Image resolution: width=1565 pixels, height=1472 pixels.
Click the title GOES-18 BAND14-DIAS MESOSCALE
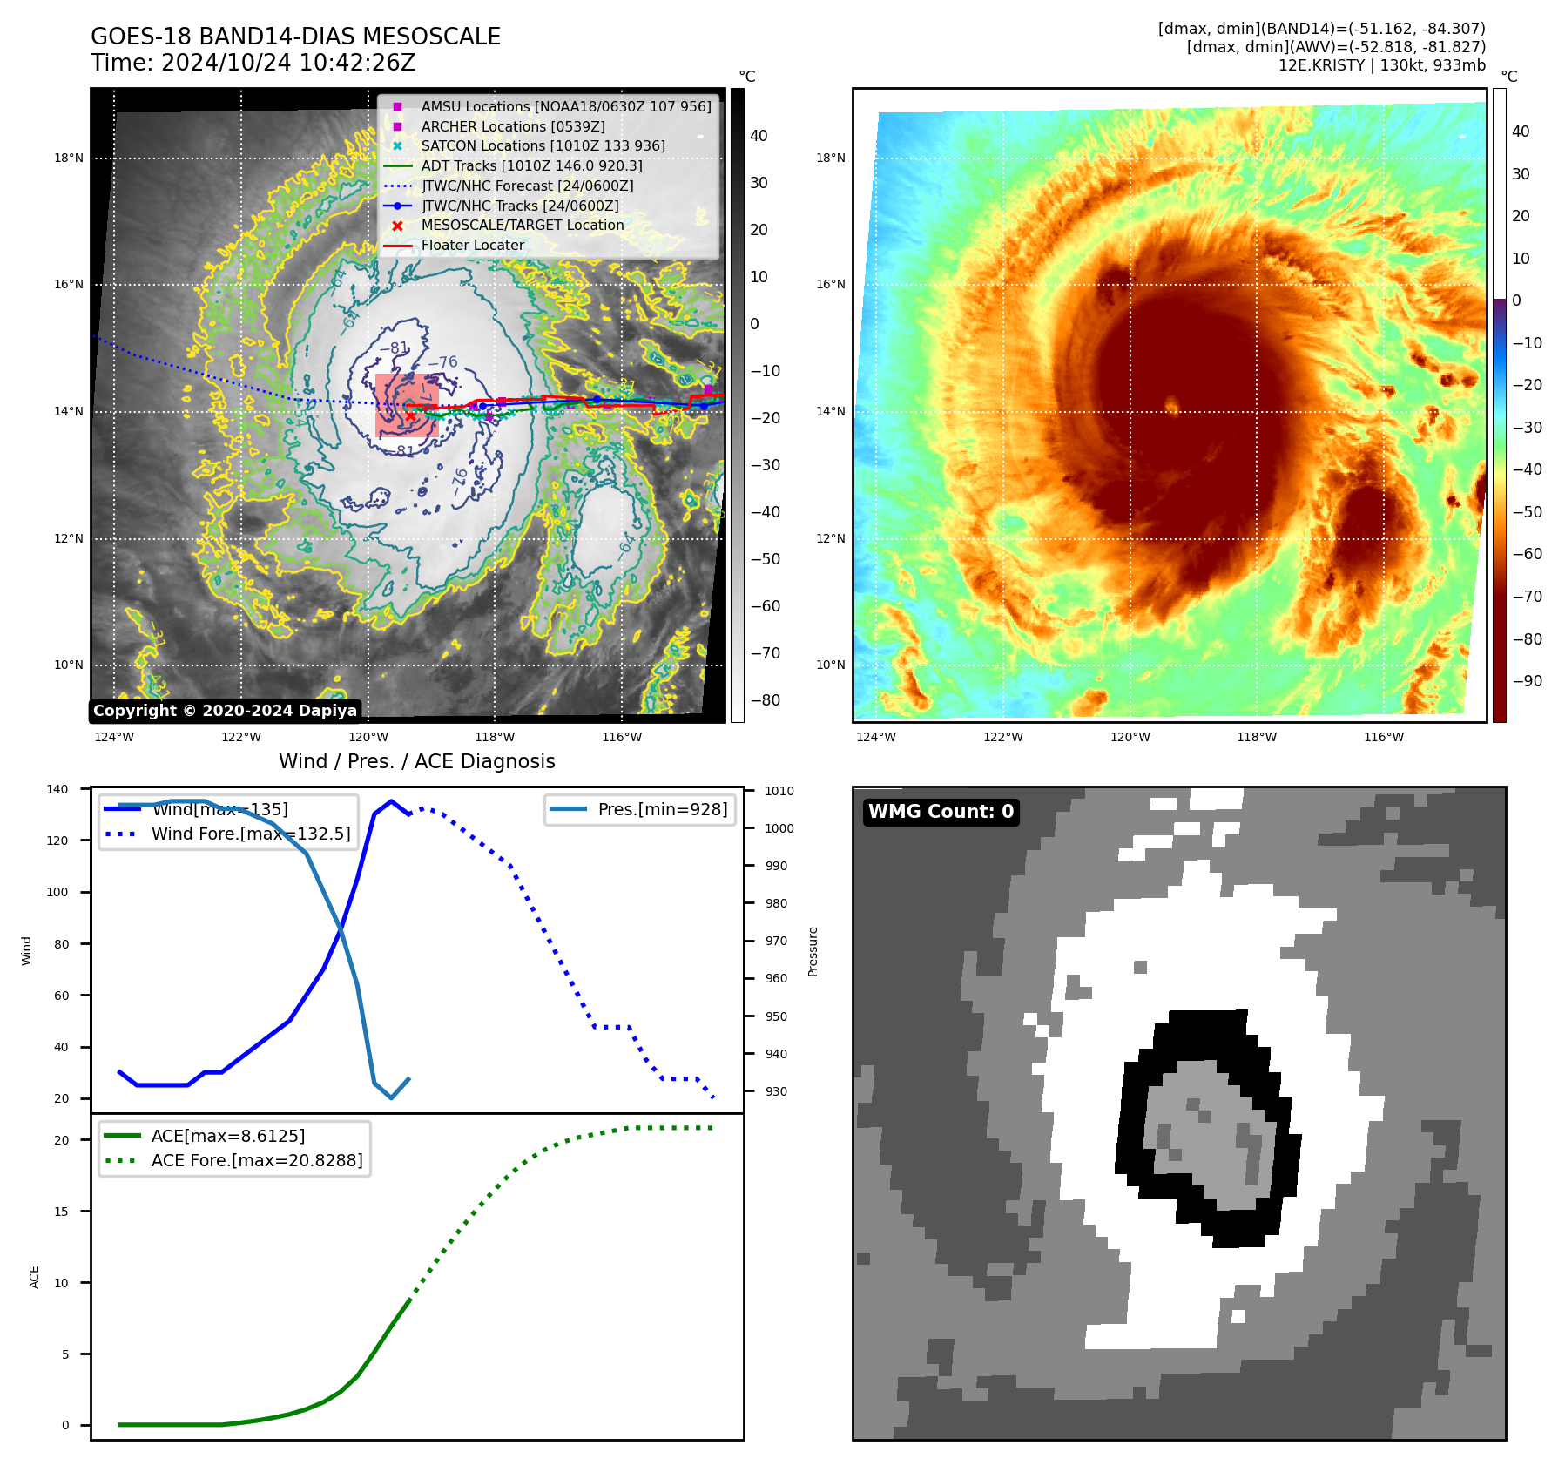(x=295, y=37)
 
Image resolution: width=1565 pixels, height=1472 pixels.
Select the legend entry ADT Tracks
(x=531, y=165)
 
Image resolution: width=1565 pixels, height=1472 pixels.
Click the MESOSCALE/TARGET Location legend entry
(x=522, y=225)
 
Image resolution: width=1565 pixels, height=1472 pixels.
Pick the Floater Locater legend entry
(x=472, y=245)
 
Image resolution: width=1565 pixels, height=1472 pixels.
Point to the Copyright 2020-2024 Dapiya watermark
(x=225, y=711)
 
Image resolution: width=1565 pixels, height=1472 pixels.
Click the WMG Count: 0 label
(x=941, y=812)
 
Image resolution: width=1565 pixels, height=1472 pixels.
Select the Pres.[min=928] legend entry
(x=662, y=809)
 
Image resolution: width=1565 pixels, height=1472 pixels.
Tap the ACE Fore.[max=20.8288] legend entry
(x=256, y=1160)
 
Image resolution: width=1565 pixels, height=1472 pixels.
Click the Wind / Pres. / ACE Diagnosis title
(x=416, y=761)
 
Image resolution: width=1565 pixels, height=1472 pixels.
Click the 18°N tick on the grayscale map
(x=69, y=159)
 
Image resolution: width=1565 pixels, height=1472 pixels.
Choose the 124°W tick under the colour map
(x=875, y=737)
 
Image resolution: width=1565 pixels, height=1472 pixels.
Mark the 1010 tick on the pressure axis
(x=779, y=791)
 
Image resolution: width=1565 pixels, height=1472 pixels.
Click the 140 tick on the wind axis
(x=57, y=789)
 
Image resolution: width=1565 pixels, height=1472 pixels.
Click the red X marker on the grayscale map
(x=410, y=416)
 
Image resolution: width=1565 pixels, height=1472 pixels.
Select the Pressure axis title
(x=813, y=951)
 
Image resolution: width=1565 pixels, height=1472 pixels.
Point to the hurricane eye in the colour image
(x=1171, y=405)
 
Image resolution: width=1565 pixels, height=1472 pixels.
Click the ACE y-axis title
(x=35, y=1277)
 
